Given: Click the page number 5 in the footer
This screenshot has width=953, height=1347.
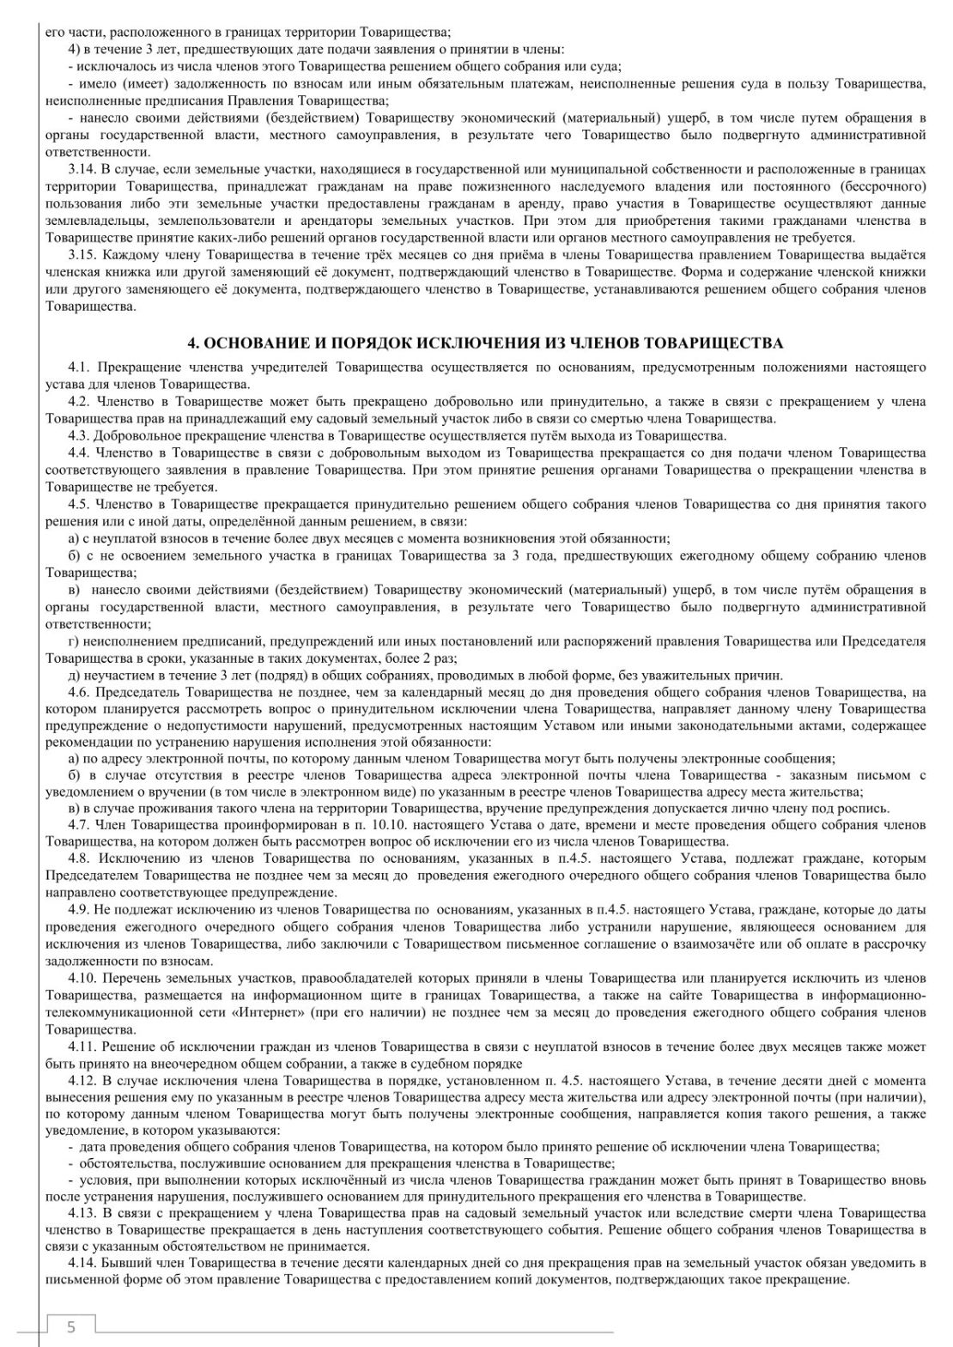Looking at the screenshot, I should click(71, 1326).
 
